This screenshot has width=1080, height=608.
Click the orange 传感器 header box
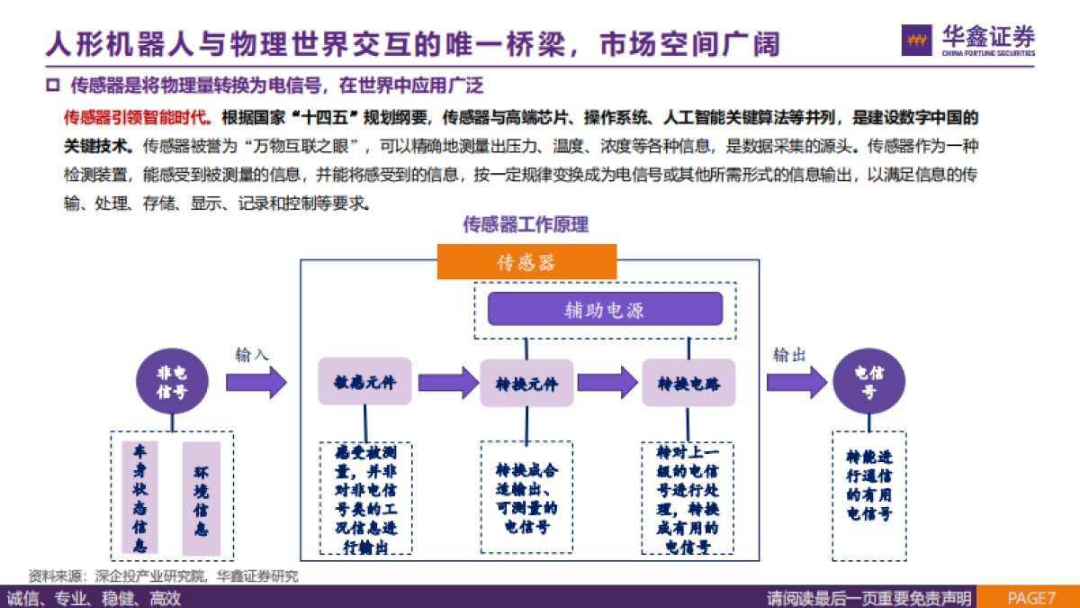pyautogui.click(x=526, y=262)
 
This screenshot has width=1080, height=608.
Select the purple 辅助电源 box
pyautogui.click(x=605, y=310)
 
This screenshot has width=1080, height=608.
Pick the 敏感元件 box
pyautogui.click(x=364, y=383)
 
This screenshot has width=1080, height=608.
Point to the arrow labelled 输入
pyautogui.click(x=256, y=383)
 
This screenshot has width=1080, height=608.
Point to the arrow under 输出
pyautogui.click(x=796, y=383)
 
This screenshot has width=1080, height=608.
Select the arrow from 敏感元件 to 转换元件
pyautogui.click(x=446, y=383)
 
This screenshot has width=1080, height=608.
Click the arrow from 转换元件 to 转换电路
pyautogui.click(x=607, y=383)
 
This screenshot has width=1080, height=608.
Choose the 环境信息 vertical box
pyautogui.click(x=201, y=496)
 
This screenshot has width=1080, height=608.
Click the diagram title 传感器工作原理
pyautogui.click(x=526, y=224)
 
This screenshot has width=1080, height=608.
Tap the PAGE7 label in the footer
pyautogui.click(x=1030, y=598)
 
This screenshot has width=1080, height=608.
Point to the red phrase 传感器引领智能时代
pyautogui.click(x=139, y=118)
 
